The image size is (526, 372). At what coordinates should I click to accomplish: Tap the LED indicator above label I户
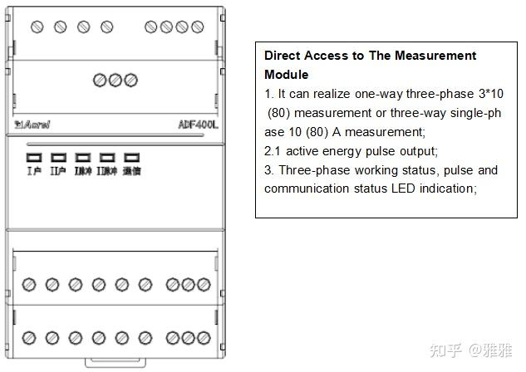coord(34,157)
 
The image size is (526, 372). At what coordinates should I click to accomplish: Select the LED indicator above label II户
coord(58,157)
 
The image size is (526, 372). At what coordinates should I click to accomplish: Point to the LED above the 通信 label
coord(130,157)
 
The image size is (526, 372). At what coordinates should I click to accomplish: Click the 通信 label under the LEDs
coord(130,171)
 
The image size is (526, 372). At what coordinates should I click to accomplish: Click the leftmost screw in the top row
coord(37,27)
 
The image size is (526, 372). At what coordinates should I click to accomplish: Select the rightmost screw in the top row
coord(196,27)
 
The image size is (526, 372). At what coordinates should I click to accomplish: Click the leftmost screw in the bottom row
coord(29,338)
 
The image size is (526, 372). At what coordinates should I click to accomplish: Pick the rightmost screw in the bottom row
coord(203,338)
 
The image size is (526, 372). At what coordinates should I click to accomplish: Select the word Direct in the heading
coord(283,56)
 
